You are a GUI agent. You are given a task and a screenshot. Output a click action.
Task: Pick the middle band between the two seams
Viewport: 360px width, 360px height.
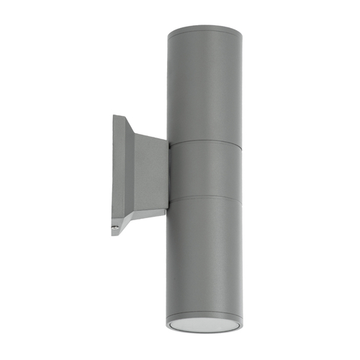point(205,169)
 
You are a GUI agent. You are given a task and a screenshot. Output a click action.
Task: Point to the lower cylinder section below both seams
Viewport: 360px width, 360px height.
point(205,252)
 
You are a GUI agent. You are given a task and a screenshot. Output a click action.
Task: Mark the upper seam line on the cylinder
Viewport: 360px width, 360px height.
point(205,142)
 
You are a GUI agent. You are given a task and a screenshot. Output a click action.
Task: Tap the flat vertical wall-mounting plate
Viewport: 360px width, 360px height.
point(118,173)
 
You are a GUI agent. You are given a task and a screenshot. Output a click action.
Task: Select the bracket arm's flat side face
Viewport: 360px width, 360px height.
point(148,173)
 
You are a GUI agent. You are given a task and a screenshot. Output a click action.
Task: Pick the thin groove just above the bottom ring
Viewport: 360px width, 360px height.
point(205,310)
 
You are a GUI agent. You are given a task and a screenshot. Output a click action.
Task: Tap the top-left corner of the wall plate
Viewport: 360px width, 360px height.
point(114,116)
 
